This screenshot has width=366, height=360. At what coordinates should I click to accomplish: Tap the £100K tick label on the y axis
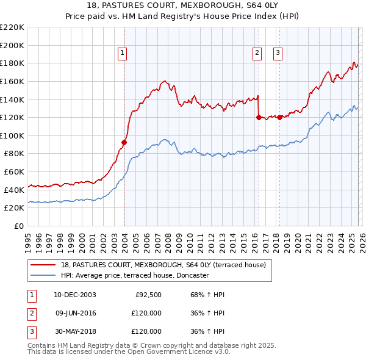click(x=13, y=135)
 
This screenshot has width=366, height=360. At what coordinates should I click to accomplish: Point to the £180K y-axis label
click(x=13, y=63)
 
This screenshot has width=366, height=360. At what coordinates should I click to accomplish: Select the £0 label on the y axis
click(x=18, y=226)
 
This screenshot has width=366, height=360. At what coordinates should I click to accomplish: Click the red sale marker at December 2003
click(x=124, y=142)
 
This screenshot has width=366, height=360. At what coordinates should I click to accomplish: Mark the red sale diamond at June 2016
click(x=259, y=117)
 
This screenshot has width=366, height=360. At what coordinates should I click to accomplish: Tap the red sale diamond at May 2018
click(x=279, y=117)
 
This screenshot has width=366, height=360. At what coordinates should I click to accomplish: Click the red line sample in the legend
click(x=43, y=265)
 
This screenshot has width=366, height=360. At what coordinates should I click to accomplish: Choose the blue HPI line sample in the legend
click(x=43, y=275)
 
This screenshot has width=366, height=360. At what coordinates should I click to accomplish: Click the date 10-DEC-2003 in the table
click(x=74, y=295)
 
